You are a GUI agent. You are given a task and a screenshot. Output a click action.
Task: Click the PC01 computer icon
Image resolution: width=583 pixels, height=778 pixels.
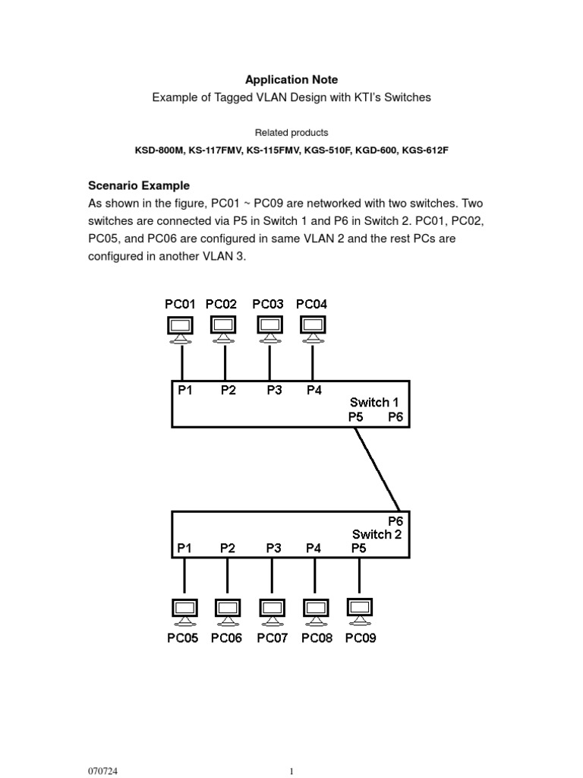pyautogui.click(x=180, y=327)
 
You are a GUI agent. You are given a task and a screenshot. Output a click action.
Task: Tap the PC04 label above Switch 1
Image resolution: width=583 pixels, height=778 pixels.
pyautogui.click(x=311, y=304)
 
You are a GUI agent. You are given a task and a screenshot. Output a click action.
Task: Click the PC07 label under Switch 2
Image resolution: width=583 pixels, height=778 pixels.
pyautogui.click(x=272, y=638)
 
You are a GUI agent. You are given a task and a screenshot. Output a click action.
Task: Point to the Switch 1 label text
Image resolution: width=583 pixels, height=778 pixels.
pyautogui.click(x=375, y=402)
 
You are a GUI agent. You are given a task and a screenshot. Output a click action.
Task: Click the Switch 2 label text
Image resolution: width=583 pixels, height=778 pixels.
pyautogui.click(x=377, y=534)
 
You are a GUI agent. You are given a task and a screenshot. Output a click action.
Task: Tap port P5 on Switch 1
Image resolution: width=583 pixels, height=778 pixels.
pyautogui.click(x=356, y=416)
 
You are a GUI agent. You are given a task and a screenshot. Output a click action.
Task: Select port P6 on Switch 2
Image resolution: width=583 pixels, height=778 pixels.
pyautogui.click(x=395, y=521)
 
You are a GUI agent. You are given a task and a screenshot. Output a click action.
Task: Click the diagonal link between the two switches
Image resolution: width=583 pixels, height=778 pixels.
pyautogui.click(x=377, y=467)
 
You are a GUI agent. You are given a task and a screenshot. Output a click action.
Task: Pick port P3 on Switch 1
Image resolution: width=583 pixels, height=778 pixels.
pyautogui.click(x=274, y=391)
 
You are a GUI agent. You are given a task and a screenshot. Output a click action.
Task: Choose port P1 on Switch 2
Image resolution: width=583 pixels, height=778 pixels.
pyautogui.click(x=184, y=547)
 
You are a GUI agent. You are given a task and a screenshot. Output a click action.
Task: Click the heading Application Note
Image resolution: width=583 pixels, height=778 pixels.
pyautogui.click(x=291, y=80)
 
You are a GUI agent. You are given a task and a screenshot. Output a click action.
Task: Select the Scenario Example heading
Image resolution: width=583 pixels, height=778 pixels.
pyautogui.click(x=139, y=185)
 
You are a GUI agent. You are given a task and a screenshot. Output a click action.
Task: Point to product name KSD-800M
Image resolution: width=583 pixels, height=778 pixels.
pyautogui.click(x=160, y=150)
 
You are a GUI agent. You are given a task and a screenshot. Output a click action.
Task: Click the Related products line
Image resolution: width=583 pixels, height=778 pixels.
pyautogui.click(x=291, y=132)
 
